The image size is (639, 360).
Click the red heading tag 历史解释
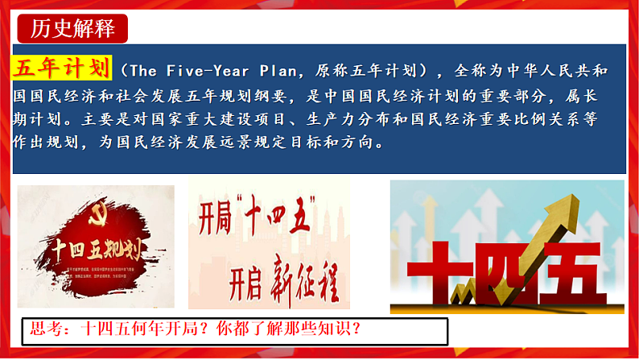point(72,29)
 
